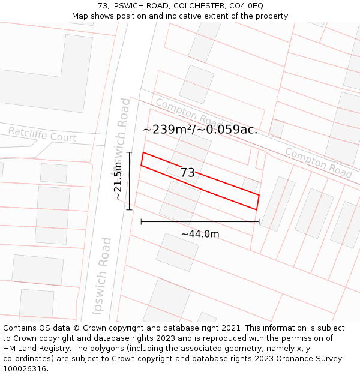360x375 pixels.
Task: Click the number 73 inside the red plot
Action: coord(188,173)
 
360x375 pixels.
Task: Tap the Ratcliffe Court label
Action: coord(42,134)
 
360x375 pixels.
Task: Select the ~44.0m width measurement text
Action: coord(200,234)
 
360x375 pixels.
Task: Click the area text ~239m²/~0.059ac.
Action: coord(200,129)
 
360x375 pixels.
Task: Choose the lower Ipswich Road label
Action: coord(102,276)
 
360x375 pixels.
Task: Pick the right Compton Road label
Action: coord(318,163)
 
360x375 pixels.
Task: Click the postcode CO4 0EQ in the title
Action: coord(245,6)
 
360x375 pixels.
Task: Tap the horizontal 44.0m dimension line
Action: coord(200,222)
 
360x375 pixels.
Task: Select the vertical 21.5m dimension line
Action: coord(129,181)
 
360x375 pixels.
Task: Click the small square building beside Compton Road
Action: coord(276,128)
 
